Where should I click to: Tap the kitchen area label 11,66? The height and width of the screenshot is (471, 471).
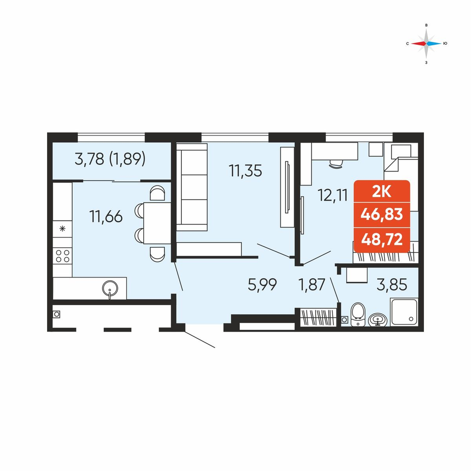(x=106, y=217)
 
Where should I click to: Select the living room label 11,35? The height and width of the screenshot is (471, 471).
(x=245, y=171)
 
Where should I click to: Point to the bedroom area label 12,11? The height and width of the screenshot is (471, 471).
(x=333, y=195)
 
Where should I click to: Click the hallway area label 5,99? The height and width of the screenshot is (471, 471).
(x=262, y=284)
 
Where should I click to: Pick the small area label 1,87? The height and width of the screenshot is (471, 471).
(x=312, y=284)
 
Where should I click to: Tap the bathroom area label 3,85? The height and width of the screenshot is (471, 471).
(x=392, y=284)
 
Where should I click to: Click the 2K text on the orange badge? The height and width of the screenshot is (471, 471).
(x=382, y=192)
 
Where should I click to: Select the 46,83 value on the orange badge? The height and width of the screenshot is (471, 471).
(x=382, y=214)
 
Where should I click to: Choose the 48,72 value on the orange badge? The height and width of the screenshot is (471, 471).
(x=382, y=239)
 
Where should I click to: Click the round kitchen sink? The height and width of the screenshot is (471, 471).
(x=110, y=289)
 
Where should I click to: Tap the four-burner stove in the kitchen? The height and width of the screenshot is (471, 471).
(x=63, y=256)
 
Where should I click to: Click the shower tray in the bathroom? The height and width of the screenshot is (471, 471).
(x=404, y=311)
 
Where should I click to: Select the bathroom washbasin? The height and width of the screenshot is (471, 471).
(x=378, y=320)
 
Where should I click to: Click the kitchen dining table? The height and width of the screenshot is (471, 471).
(x=157, y=223)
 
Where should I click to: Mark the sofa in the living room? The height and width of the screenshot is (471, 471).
(x=192, y=187)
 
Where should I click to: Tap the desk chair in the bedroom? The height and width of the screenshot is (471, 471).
(x=336, y=164)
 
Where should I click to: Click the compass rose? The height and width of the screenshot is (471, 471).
(x=426, y=43)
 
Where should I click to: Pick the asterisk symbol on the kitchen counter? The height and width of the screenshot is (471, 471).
(x=63, y=229)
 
